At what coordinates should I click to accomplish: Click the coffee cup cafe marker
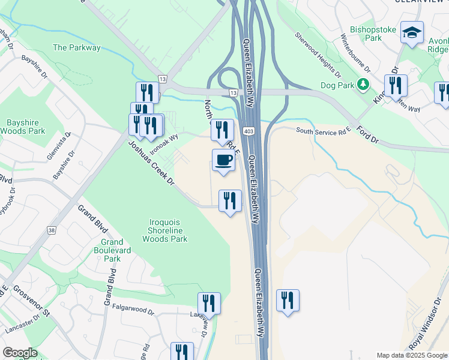(223, 160)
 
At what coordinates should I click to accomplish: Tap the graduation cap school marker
(412, 32)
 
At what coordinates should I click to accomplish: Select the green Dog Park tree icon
(363, 84)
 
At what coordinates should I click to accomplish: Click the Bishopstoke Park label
(366, 34)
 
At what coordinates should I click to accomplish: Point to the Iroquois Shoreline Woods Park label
(164, 230)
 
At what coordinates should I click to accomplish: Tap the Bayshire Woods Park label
(22, 127)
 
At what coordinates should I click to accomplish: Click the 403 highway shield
(247, 130)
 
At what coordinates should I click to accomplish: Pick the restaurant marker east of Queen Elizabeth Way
(288, 300)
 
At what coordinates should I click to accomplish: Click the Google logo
(20, 353)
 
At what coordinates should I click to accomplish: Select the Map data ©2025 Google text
(411, 355)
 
